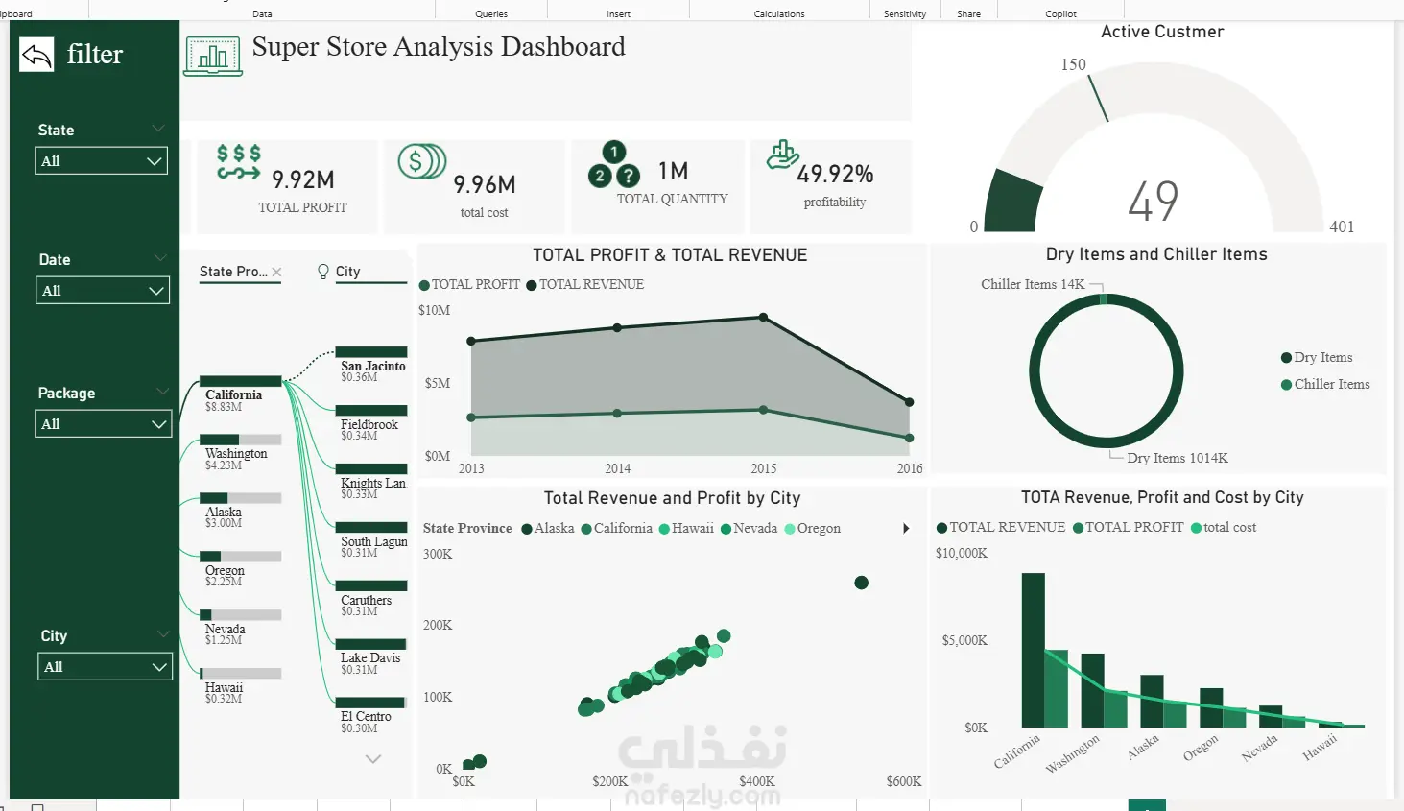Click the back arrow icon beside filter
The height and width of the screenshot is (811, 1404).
tap(36, 55)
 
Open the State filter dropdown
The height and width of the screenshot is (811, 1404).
tap(102, 161)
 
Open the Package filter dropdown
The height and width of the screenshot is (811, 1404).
tap(104, 423)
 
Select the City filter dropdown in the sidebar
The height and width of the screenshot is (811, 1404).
tap(106, 666)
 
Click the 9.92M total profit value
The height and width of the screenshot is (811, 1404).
tap(302, 179)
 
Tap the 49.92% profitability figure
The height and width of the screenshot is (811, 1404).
tap(835, 175)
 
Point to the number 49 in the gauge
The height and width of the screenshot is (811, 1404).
tap(1154, 202)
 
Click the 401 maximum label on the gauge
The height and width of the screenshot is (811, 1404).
tap(1342, 227)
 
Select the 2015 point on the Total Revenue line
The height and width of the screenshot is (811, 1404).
tap(763, 317)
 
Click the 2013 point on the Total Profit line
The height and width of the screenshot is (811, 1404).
tap(471, 417)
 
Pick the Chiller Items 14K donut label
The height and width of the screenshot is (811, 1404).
tap(1033, 284)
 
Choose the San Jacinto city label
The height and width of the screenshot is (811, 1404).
tap(373, 366)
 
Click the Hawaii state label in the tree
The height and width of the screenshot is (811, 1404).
tap(224, 687)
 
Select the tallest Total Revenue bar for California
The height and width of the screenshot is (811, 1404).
tap(1033, 650)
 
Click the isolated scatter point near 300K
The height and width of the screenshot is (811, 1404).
tap(861, 583)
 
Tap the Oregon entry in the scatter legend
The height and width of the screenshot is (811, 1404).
tap(812, 528)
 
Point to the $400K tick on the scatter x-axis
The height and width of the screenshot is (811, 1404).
tap(757, 781)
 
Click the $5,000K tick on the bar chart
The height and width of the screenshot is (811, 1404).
tap(964, 640)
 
